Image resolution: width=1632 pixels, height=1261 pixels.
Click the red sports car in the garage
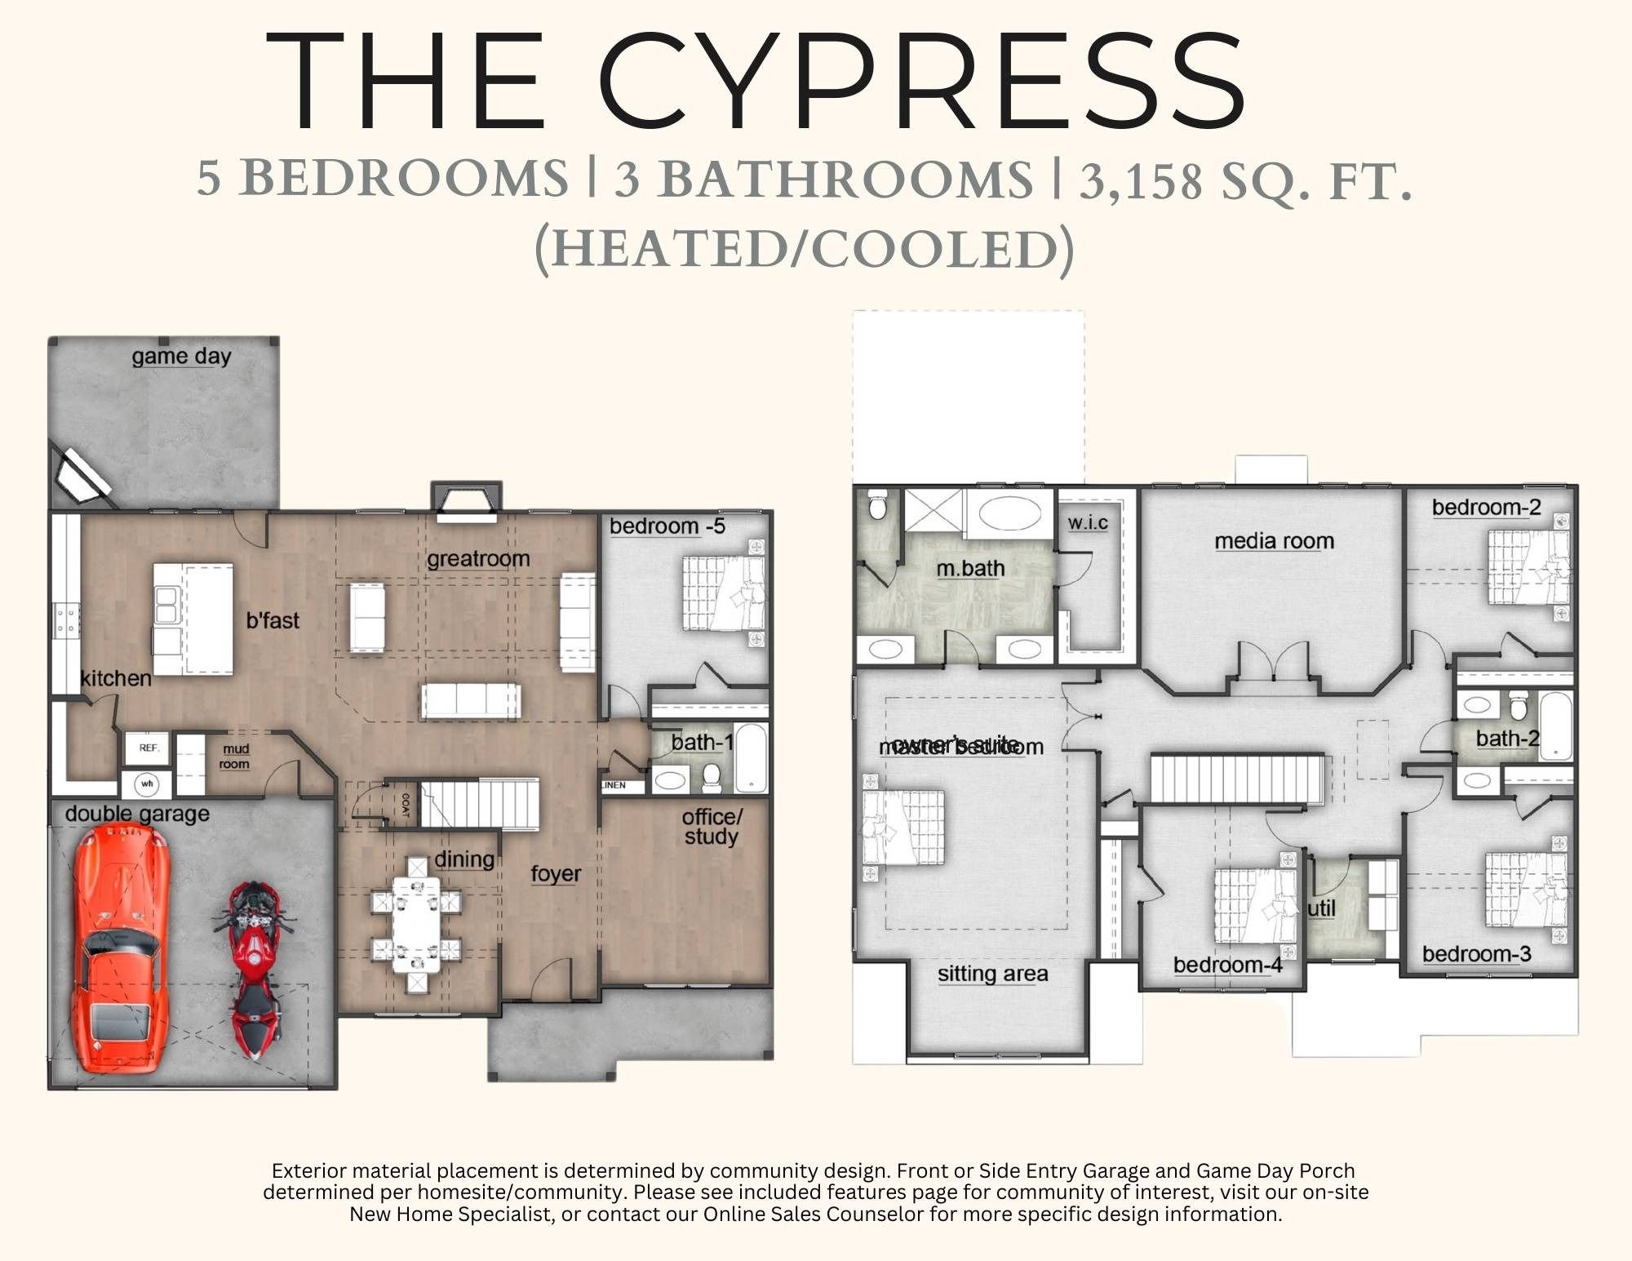pyautogui.click(x=121, y=947)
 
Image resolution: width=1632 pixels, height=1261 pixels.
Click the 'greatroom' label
pyautogui.click(x=478, y=559)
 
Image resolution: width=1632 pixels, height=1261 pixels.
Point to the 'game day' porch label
pyautogui.click(x=181, y=357)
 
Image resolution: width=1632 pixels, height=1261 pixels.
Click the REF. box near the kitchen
pyautogui.click(x=149, y=748)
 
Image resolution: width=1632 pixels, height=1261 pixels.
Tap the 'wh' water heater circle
pyautogui.click(x=147, y=784)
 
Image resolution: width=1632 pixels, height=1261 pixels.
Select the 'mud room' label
pyautogui.click(x=235, y=756)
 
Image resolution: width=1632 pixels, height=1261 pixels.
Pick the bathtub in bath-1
pyautogui.click(x=751, y=758)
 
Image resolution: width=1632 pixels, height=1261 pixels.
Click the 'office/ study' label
pyautogui.click(x=712, y=826)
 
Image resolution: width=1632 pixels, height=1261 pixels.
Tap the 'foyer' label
pyautogui.click(x=556, y=873)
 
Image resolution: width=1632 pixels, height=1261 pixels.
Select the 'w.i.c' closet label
pyautogui.click(x=1088, y=522)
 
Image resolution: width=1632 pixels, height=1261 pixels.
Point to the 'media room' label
pyautogui.click(x=1274, y=541)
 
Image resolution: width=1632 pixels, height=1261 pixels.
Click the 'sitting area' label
pyautogui.click(x=992, y=974)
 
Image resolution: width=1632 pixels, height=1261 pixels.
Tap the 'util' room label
pyautogui.click(x=1321, y=908)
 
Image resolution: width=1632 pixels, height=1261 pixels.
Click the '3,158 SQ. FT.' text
pyautogui.click(x=1246, y=180)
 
